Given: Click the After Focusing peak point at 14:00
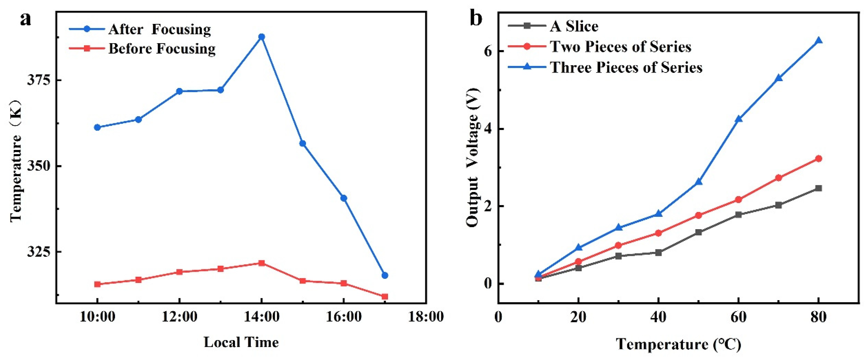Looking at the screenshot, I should pos(261,37).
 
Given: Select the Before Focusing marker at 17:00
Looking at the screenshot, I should pos(385,297).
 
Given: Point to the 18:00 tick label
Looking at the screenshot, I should pos(426,317).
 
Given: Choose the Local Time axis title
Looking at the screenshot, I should pos(241,342).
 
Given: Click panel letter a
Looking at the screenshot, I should pos(26,19).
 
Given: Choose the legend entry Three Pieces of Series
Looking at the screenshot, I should pos(626,67).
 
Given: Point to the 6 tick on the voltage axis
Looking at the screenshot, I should pos(488,51).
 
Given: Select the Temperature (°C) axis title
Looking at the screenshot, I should pos(678,344).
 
